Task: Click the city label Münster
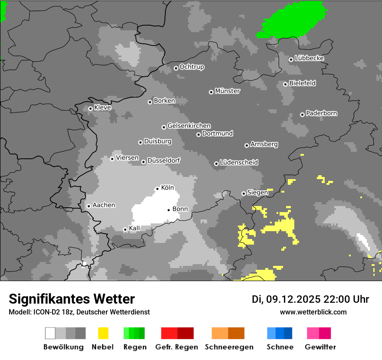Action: tap(227, 91)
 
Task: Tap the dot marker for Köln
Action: tap(158, 189)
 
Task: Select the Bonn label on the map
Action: tap(180, 209)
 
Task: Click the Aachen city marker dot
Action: tap(89, 206)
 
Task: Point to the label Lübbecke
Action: tap(309, 58)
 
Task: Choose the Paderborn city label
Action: tap(321, 113)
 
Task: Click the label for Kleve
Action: tap(102, 108)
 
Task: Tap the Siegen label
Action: tap(257, 193)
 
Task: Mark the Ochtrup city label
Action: tap(192, 67)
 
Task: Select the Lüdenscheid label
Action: tap(239, 163)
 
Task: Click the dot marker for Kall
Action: tap(125, 230)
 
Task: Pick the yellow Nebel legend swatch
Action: tap(103, 333)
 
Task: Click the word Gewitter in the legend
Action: tap(320, 347)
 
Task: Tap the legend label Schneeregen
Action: tap(228, 347)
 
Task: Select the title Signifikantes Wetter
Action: tap(72, 299)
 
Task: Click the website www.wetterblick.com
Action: tap(313, 312)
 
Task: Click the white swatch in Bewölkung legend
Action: tap(50, 333)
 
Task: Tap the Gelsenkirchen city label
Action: tap(189, 126)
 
